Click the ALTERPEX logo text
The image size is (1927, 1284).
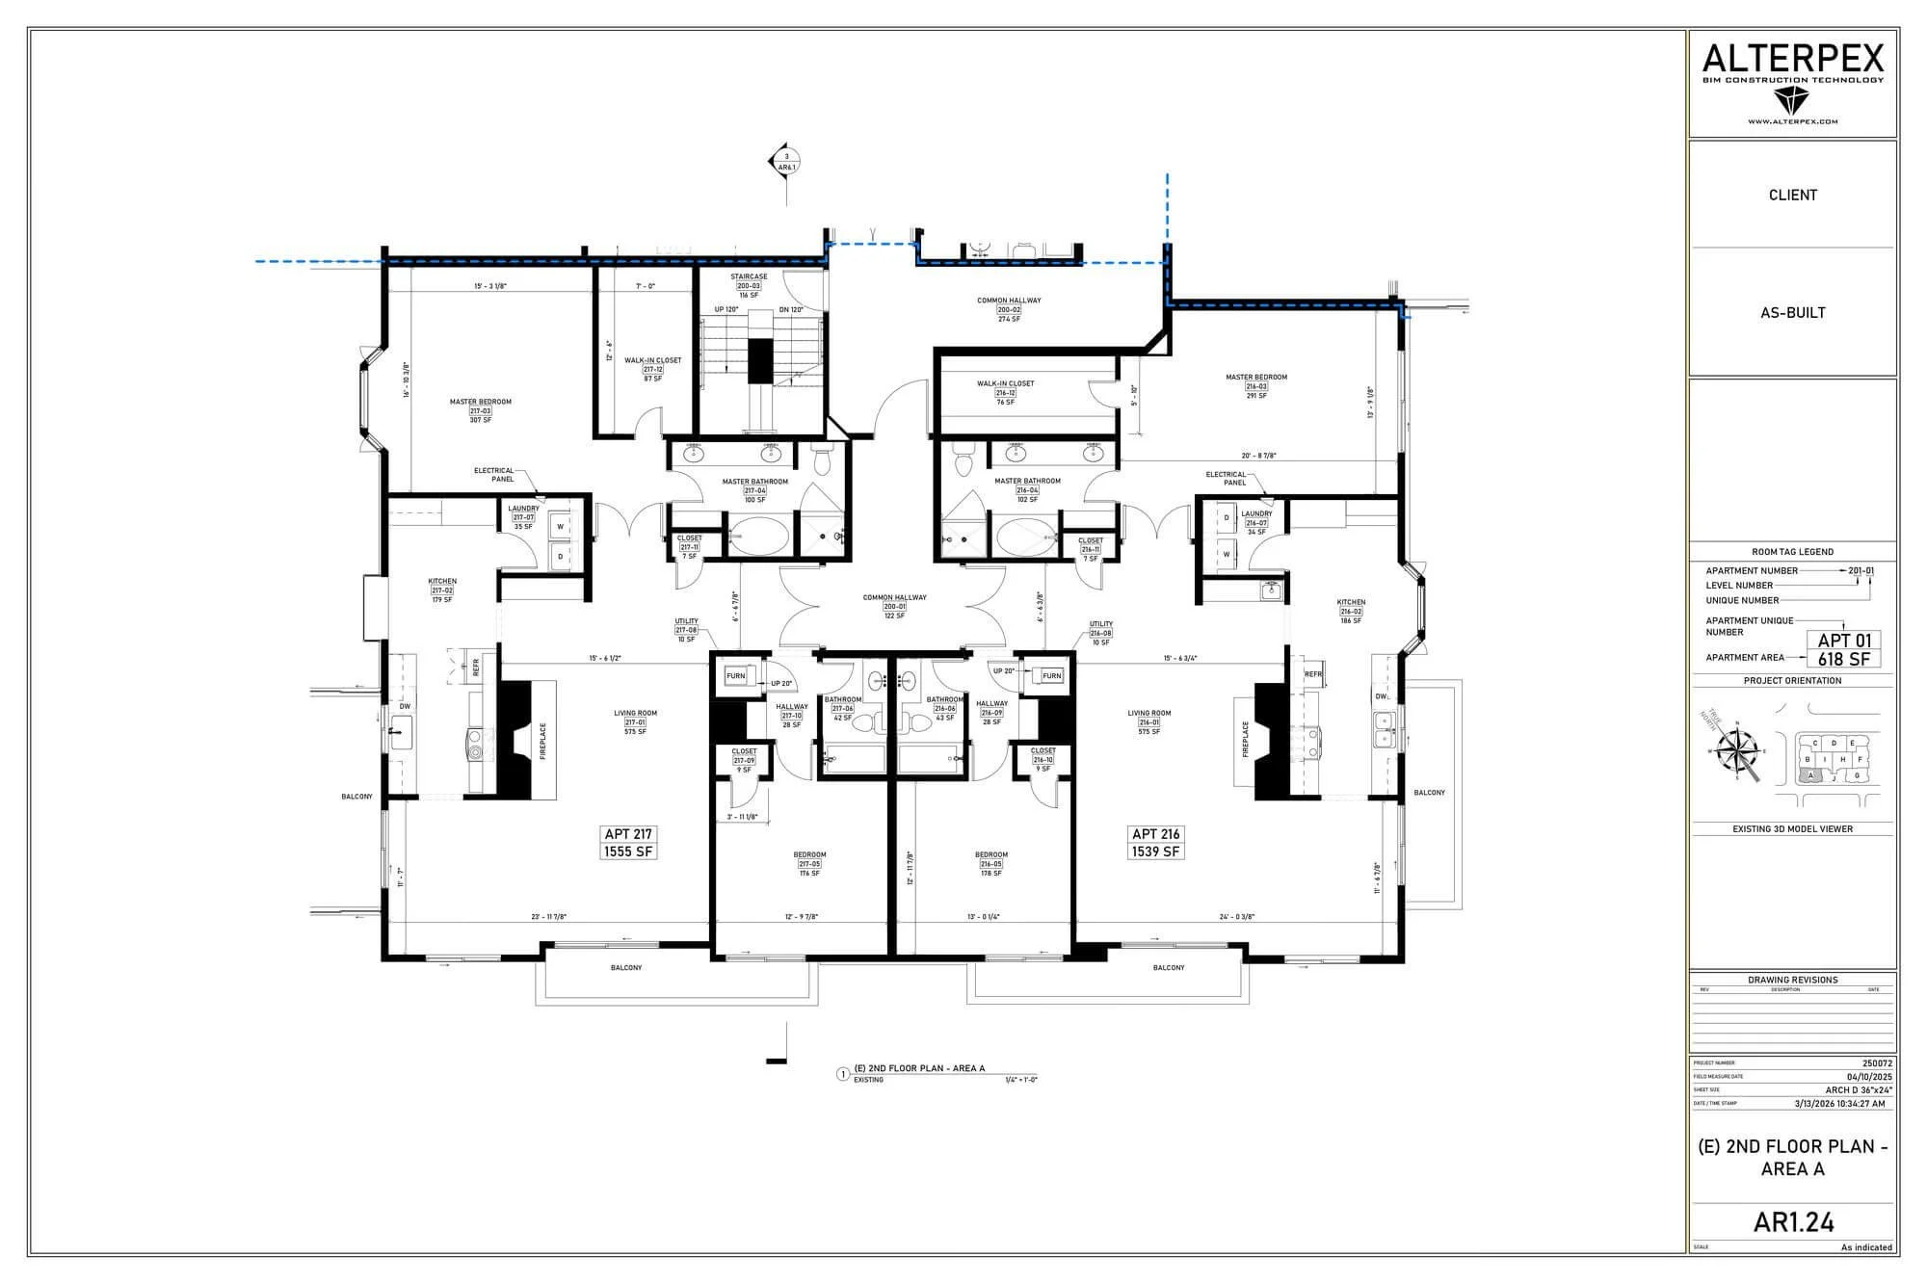coord(1792,59)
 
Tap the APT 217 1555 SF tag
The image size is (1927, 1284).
coord(629,843)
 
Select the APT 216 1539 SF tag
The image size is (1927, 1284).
coord(1156,843)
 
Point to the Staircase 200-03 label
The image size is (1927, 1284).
coord(749,286)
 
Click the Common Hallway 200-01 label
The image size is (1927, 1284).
coord(895,606)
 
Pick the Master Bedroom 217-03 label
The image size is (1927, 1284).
coord(481,410)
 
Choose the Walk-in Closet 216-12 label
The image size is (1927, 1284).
coord(1005,392)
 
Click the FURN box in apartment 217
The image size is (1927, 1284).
coord(735,676)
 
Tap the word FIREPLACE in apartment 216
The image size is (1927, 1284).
coord(1246,740)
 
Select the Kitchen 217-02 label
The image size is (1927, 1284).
coord(442,590)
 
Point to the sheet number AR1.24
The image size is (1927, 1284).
coord(1793,1222)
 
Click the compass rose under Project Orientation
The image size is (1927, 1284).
coord(1739,752)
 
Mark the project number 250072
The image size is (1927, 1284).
coord(1877,1063)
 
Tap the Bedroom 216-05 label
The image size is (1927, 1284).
coord(991,864)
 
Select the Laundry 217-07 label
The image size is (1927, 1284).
coord(523,517)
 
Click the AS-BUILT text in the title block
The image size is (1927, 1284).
coord(1792,312)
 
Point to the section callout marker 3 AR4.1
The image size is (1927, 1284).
coord(786,161)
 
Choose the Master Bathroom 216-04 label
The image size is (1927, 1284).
coord(1027,490)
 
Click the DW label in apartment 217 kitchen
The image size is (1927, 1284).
coord(405,706)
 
